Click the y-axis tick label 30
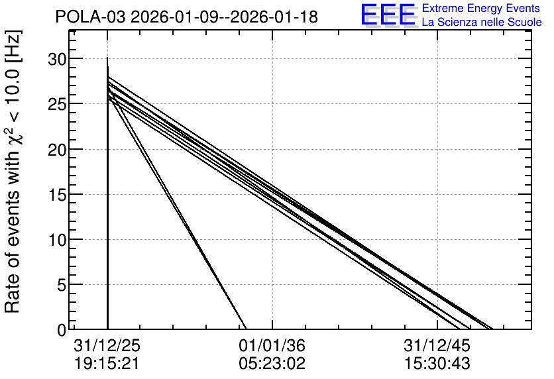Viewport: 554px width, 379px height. coord(57,60)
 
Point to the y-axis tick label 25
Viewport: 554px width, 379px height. coord(57,105)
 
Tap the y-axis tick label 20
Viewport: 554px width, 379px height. coord(57,150)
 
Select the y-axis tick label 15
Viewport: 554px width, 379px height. coord(57,195)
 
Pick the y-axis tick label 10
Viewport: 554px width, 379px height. coord(57,240)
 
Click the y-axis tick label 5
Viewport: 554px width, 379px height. coord(62,286)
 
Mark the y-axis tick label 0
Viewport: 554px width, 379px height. coord(62,330)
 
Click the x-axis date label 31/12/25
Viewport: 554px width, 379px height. coord(107,345)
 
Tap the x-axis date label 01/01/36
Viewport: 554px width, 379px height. coord(272,345)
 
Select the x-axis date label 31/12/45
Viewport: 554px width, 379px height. coord(437,345)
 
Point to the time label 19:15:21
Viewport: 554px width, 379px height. coord(107,364)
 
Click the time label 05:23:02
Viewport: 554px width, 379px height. coord(272,364)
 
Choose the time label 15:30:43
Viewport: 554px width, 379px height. coord(437,364)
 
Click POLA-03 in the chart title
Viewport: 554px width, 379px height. coord(90,17)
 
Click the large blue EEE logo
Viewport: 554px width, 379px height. coord(388,15)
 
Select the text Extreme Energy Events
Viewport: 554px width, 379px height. coord(481,8)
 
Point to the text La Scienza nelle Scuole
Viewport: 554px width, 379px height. coord(482,23)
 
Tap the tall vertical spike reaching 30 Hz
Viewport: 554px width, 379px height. coord(107,193)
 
